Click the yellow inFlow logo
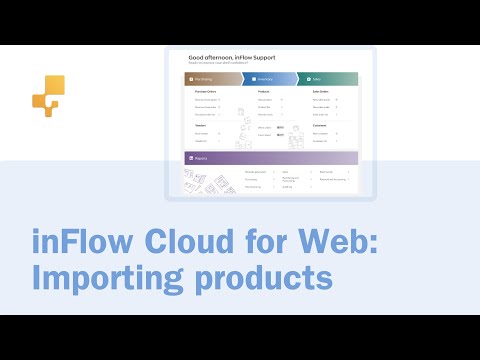[x=46, y=96]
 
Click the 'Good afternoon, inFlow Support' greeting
[x=230, y=58]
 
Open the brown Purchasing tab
[x=211, y=77]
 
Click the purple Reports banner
[x=270, y=158]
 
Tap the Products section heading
[x=265, y=91]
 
